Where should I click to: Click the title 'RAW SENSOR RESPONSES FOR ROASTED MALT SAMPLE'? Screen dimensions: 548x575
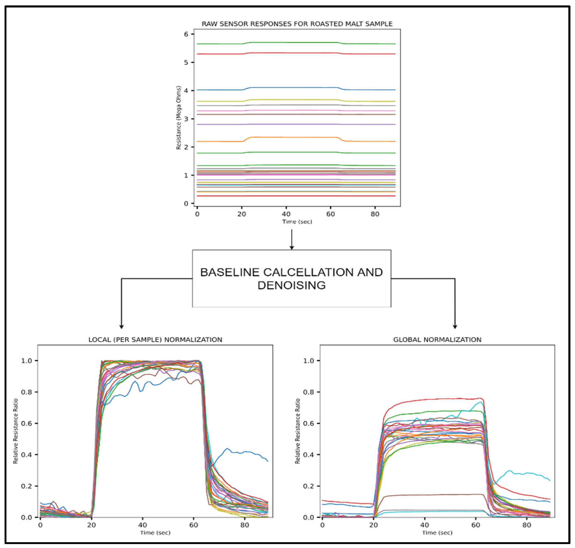pyautogui.click(x=297, y=24)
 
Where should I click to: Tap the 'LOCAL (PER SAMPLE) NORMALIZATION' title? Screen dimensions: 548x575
pyautogui.click(x=155, y=339)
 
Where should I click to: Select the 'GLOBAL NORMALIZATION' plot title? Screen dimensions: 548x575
pyautogui.click(x=437, y=339)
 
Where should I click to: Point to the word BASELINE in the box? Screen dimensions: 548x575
pyautogui.click(x=230, y=272)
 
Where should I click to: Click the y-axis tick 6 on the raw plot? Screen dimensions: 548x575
pyautogui.click(x=186, y=34)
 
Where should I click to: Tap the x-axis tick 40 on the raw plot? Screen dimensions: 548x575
pyautogui.click(x=286, y=214)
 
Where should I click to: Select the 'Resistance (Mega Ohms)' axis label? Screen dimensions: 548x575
pyautogui.click(x=178, y=118)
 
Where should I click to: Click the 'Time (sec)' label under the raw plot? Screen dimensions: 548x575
pyautogui.click(x=297, y=222)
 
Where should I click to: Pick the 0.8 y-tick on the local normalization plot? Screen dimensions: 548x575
pyautogui.click(x=26, y=392)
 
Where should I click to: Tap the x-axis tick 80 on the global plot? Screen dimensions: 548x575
pyautogui.click(x=527, y=525)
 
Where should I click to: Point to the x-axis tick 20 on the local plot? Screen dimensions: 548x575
pyautogui.click(x=91, y=525)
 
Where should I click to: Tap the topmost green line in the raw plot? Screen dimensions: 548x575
pyautogui.click(x=292, y=42)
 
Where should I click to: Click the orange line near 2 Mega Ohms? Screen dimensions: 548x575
pyautogui.click(x=292, y=137)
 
